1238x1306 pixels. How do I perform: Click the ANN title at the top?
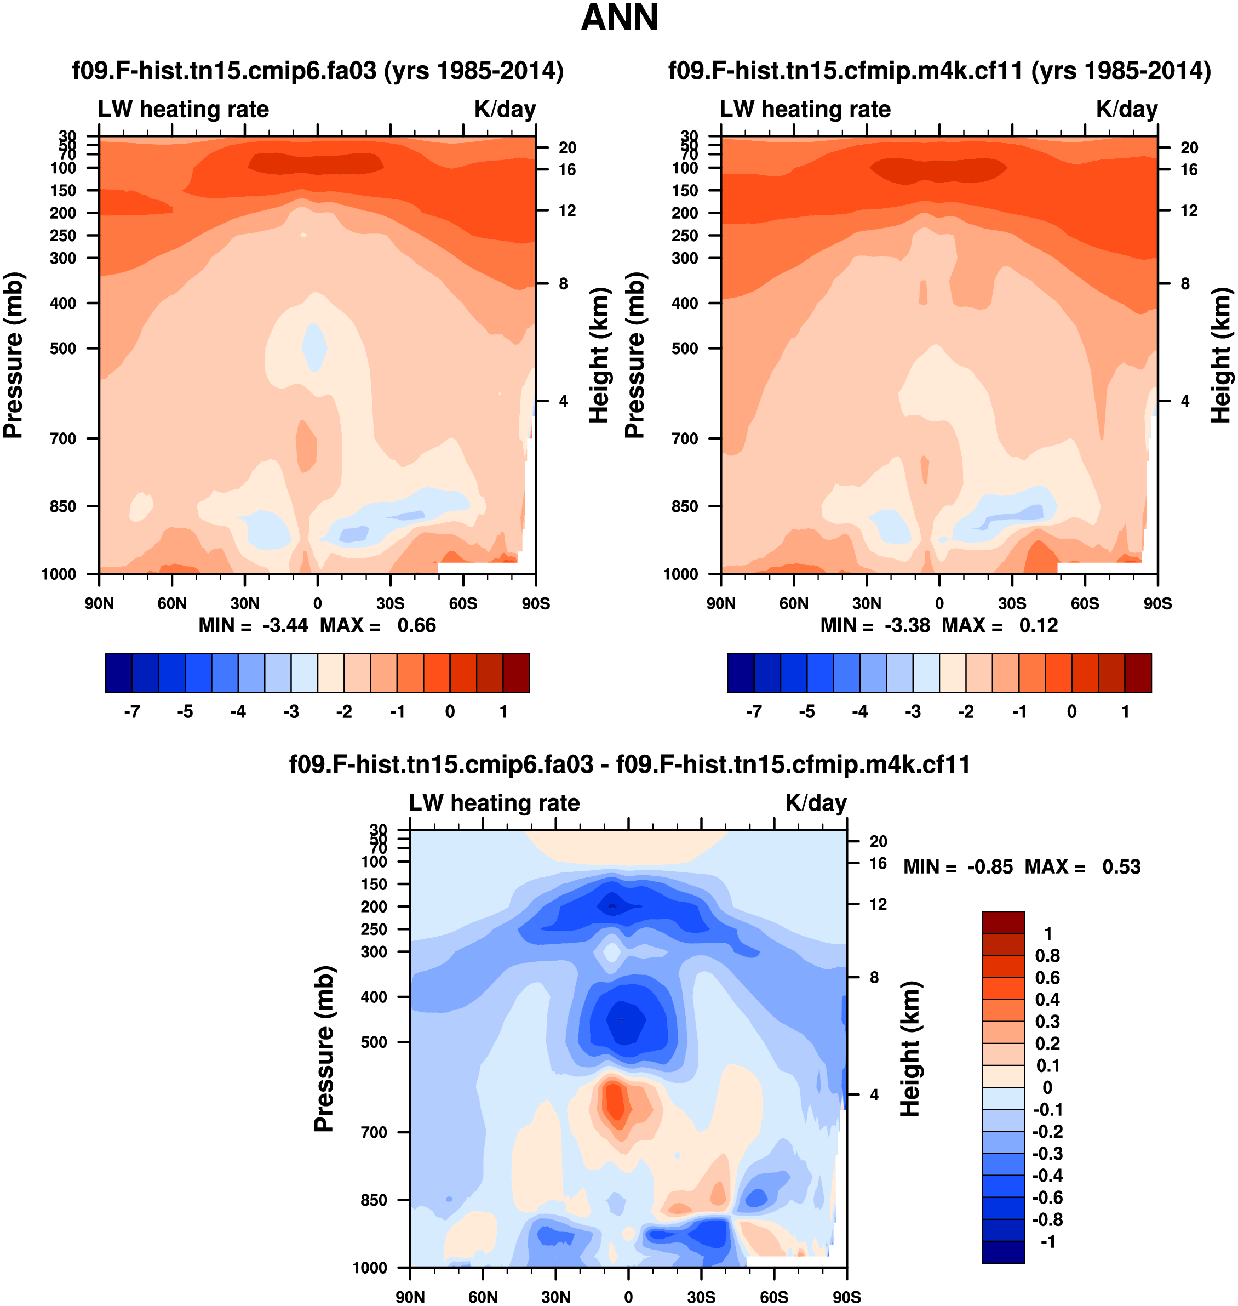click(619, 18)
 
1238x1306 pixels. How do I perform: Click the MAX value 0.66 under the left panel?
click(416, 625)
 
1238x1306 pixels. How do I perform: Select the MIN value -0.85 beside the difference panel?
click(990, 867)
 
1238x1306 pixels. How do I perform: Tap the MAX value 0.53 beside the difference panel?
click(1121, 867)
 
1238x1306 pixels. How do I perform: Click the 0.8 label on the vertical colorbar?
click(1047, 955)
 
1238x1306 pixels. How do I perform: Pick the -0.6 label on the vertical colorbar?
click(1047, 1197)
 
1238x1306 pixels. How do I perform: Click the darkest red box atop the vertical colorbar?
click(1003, 922)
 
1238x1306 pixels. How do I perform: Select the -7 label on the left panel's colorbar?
click(131, 712)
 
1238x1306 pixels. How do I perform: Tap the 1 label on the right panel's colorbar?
click(1125, 712)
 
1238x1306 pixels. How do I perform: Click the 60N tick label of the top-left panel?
click(172, 603)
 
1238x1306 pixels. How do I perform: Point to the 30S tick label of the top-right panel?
click(1012, 603)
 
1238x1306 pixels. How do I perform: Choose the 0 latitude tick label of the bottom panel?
click(628, 1297)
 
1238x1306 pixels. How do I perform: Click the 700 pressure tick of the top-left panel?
click(64, 438)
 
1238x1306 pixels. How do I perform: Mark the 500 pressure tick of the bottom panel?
click(374, 1042)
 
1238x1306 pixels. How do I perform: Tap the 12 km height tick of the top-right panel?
click(1189, 210)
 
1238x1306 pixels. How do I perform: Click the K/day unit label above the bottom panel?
click(816, 803)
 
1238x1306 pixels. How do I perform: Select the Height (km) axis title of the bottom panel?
click(910, 1048)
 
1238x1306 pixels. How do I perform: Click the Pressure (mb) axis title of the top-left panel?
click(13, 355)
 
